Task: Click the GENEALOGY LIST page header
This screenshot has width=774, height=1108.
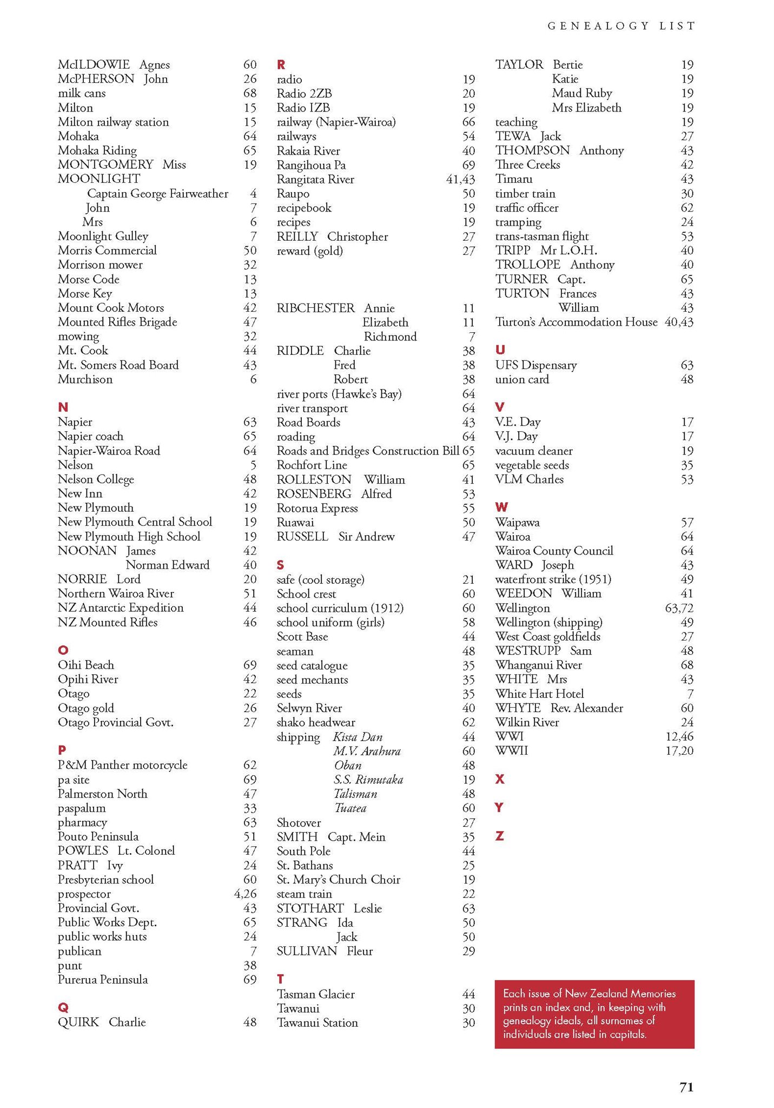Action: point(621,25)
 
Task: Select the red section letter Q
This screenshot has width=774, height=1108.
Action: point(63,1007)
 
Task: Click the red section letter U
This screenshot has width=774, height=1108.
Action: point(500,350)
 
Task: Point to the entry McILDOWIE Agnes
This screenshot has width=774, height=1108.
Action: point(114,64)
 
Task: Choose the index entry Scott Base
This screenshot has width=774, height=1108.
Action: point(302,636)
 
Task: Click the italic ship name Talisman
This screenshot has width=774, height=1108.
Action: point(355,794)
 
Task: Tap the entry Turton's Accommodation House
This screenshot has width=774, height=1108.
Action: point(576,322)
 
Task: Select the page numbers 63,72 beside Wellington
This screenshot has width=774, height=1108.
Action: point(679,608)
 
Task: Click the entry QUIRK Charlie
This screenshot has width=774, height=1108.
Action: point(102,1021)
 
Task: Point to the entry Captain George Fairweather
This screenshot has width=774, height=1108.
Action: point(157,193)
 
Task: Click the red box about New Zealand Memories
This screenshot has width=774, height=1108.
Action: point(594,1013)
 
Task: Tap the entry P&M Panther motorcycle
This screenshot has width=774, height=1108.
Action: point(123,764)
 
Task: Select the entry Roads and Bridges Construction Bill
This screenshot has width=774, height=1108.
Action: point(367,451)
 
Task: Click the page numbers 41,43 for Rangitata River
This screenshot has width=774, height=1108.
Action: point(460,179)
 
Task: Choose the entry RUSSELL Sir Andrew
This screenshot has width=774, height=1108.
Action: point(335,536)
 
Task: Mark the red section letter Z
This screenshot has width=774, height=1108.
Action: point(500,836)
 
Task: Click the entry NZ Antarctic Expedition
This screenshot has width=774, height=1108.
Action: point(121,608)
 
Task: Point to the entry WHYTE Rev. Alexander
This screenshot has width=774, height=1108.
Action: point(559,708)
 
